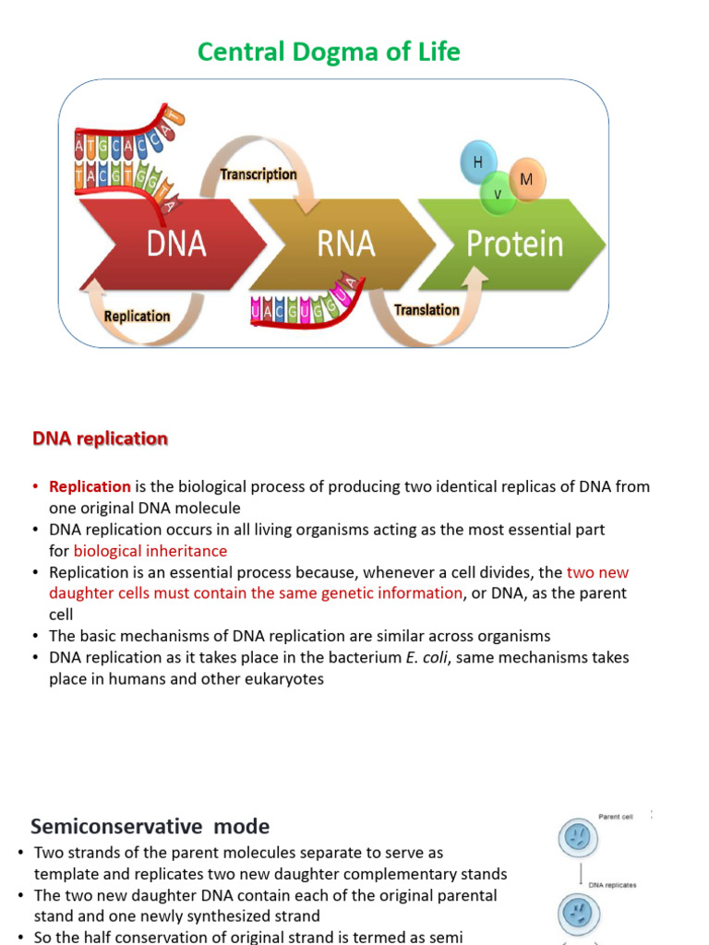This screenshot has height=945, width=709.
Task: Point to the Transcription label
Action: (x=258, y=174)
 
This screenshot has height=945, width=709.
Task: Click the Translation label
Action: (x=427, y=310)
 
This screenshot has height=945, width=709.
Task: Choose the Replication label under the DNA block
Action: (x=138, y=317)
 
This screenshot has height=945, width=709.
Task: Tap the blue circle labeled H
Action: (x=478, y=162)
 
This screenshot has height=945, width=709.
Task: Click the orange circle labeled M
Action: (x=527, y=179)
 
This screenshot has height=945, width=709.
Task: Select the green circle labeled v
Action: (x=497, y=194)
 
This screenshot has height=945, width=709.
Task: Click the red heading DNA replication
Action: (x=101, y=439)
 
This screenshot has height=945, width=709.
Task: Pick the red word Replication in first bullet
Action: (x=90, y=486)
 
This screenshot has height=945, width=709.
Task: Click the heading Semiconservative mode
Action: (x=150, y=826)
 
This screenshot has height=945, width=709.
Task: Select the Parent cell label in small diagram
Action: (x=615, y=817)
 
